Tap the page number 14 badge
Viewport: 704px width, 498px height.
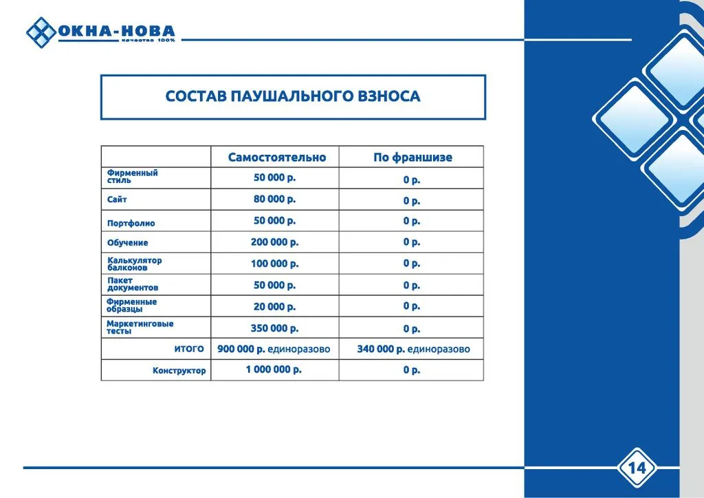[x=637, y=468]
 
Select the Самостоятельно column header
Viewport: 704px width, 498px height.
[x=277, y=158]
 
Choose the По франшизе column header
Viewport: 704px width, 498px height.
[x=412, y=158]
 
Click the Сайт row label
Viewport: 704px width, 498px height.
[x=117, y=199]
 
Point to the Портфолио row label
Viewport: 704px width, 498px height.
[x=131, y=223]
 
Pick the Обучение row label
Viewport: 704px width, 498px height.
[x=127, y=243]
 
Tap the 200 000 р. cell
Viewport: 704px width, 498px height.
[x=274, y=242]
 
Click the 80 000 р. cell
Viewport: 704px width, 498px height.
[x=274, y=199]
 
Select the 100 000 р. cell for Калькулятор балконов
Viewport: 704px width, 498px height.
[x=274, y=263]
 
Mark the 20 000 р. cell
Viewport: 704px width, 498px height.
[x=274, y=307]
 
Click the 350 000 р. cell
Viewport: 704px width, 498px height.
[x=274, y=329]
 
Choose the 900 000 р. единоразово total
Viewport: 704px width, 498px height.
[x=274, y=349]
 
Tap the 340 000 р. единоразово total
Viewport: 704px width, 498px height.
[x=413, y=349]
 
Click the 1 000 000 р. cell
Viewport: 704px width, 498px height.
[x=274, y=370]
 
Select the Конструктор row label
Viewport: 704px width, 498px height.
[x=179, y=371]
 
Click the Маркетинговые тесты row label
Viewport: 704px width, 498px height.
[x=140, y=327]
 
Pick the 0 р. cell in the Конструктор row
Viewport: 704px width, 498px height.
[x=412, y=370]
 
